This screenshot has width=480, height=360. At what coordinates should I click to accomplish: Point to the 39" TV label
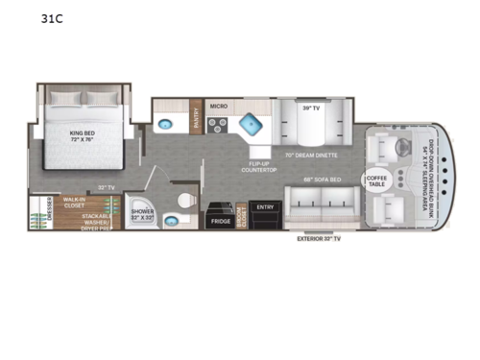coord(310,108)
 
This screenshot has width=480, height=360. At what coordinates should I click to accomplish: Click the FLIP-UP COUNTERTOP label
coord(260,166)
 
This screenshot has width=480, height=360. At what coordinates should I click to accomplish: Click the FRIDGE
coord(220,220)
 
